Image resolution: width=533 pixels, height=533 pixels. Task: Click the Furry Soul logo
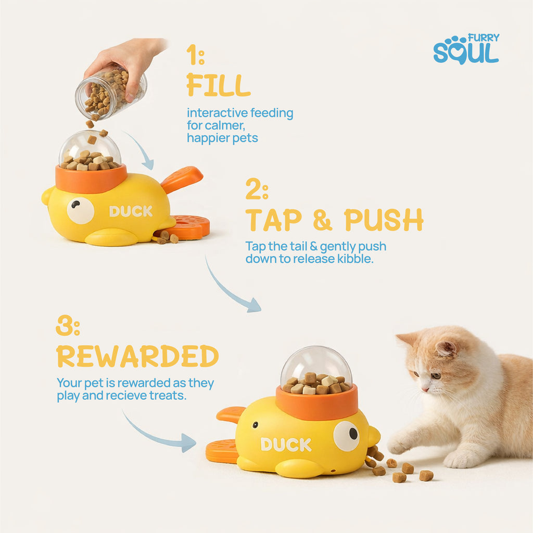pos(466,49)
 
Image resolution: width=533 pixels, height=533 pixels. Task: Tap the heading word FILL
pos(218,85)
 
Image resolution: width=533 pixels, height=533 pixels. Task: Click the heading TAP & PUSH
pos(334,220)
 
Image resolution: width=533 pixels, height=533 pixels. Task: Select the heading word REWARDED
pos(137,356)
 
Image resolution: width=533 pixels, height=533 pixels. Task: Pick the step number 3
pos(68,326)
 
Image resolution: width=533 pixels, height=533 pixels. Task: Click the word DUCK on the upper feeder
pos(131,211)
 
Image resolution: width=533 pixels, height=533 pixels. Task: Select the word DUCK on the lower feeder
pos(286,445)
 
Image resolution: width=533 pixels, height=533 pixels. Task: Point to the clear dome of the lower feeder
pos(316,364)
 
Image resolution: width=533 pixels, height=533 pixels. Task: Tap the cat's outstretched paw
pos(400,444)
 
